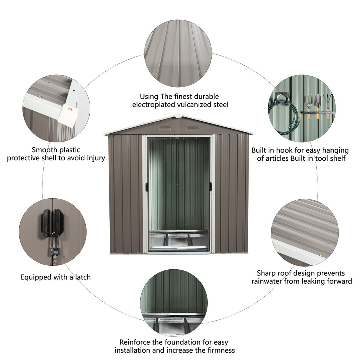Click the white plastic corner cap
[68, 115]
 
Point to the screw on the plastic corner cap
[70, 109]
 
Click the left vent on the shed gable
[165, 128]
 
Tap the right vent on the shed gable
[192, 128]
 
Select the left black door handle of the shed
[147, 187]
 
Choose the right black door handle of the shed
[210, 187]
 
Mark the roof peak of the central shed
[178, 115]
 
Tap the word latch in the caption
[83, 277]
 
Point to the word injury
[96, 158]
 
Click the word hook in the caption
[284, 150]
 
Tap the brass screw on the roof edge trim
[321, 255]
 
